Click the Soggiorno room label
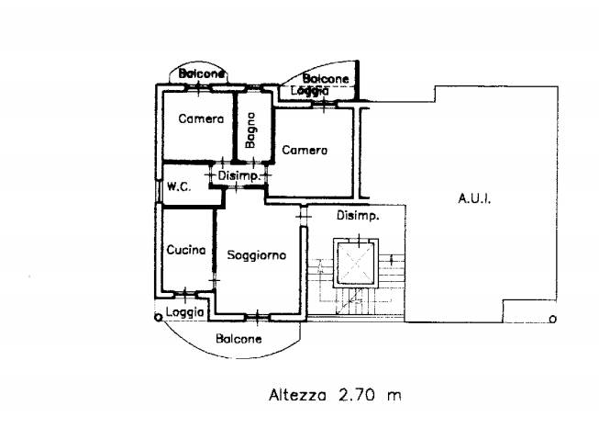point(256,255)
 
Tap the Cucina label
point(186,250)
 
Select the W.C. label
point(179,187)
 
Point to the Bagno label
point(250,130)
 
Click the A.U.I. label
point(474,198)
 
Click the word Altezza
point(297,395)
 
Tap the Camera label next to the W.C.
point(201,118)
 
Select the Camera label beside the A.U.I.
point(305,150)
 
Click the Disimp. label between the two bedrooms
point(239,176)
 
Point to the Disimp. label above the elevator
point(358,216)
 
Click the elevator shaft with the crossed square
point(356,263)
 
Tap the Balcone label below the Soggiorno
point(238,339)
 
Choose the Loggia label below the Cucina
point(185,312)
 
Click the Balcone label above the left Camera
point(201,73)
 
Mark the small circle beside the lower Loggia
point(158,317)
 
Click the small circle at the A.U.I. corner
point(552,319)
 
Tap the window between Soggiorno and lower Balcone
point(258,317)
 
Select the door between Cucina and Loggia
point(185,295)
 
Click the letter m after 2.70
point(394,396)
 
